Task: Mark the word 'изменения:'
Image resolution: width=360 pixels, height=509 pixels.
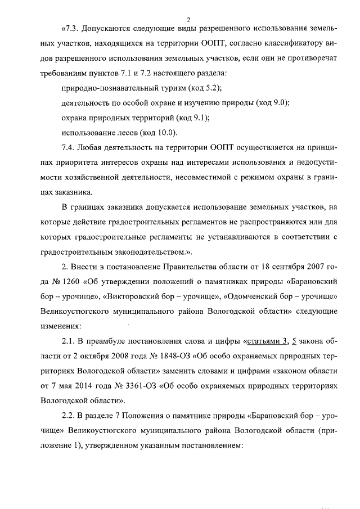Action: pos(61,325)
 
